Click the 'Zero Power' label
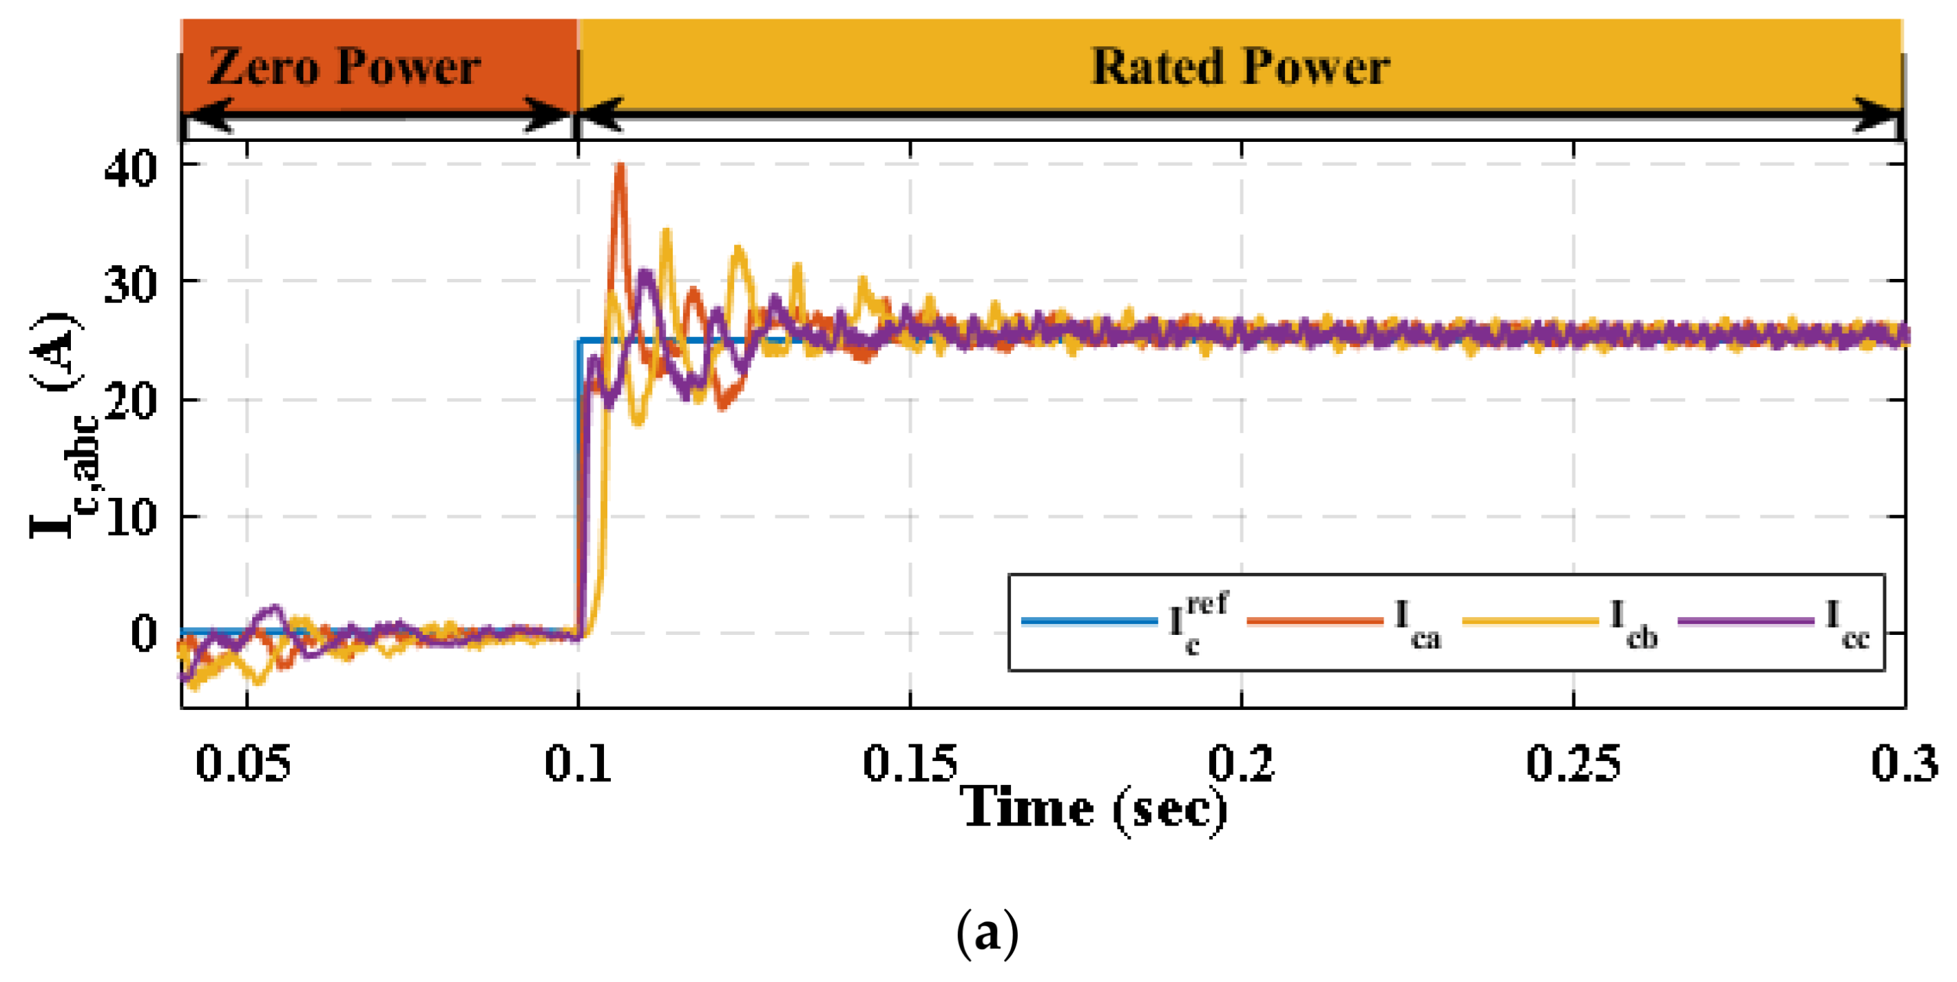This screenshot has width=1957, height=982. click(x=344, y=67)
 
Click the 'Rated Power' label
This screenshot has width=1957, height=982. click(x=1240, y=67)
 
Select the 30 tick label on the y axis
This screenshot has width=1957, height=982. click(x=131, y=285)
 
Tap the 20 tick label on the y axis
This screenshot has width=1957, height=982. click(x=131, y=401)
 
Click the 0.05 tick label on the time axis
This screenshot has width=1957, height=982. click(x=243, y=763)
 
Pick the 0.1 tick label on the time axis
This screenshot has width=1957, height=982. click(x=578, y=763)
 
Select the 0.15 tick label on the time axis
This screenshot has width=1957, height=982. click(x=910, y=763)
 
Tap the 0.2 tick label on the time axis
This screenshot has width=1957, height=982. click(x=1242, y=763)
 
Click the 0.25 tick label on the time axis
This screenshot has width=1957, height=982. click(x=1573, y=763)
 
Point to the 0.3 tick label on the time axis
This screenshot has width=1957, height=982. click(x=1904, y=763)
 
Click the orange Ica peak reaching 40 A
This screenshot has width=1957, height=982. click(x=620, y=167)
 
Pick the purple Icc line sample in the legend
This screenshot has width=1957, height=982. click(x=1745, y=621)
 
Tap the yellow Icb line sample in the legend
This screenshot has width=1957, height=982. click(x=1530, y=621)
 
